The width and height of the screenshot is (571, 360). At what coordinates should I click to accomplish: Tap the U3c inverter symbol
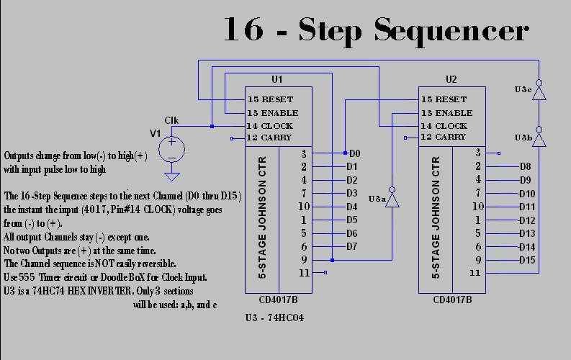(537, 89)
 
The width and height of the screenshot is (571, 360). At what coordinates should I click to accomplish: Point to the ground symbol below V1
(171, 176)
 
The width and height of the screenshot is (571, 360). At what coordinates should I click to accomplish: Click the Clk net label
(171, 120)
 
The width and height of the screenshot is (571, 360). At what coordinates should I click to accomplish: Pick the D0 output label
(354, 153)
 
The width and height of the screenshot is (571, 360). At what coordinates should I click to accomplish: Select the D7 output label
(352, 246)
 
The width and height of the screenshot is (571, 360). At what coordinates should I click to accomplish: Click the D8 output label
(525, 166)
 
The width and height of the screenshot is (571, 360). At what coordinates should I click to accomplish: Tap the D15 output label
(527, 259)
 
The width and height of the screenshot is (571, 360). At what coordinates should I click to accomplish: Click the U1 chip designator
(277, 78)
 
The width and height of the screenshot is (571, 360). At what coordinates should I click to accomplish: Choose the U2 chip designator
(451, 78)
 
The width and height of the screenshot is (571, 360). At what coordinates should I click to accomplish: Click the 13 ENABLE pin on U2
(446, 113)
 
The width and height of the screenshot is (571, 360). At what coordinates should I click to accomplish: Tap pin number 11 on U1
(304, 273)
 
